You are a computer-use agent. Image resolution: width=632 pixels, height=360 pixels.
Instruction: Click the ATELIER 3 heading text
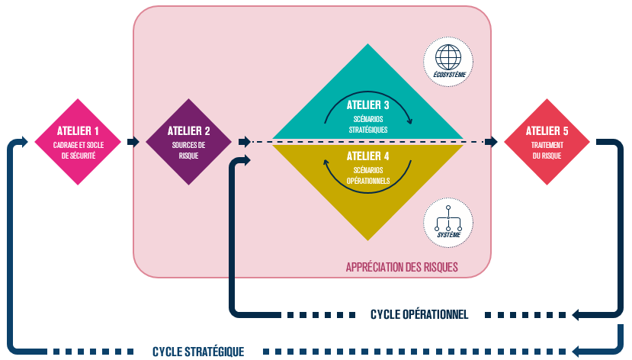pos(367,104)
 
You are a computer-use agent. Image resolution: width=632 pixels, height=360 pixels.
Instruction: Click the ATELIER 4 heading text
pos(367,156)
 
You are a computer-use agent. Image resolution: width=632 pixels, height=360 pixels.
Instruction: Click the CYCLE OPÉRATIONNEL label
pos(419,314)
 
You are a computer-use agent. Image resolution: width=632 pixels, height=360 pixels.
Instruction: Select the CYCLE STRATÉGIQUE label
pos(198,352)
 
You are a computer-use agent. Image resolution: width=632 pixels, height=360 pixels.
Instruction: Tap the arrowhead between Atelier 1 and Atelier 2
pos(133,142)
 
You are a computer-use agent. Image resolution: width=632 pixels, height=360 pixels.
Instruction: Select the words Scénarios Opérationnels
pos(368,176)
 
